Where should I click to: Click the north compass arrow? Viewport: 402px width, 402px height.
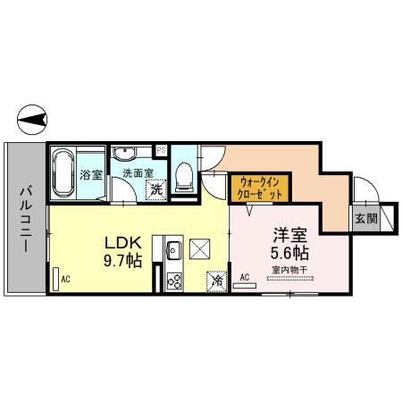[x=34, y=118]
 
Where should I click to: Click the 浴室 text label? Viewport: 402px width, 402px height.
[x=89, y=175]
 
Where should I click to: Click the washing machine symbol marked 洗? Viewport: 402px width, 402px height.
[x=156, y=189]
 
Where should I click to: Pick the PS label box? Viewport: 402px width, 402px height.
[x=161, y=149]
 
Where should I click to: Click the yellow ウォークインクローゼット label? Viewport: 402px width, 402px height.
[x=260, y=188]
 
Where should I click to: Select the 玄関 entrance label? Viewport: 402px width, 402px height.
[x=364, y=218]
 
